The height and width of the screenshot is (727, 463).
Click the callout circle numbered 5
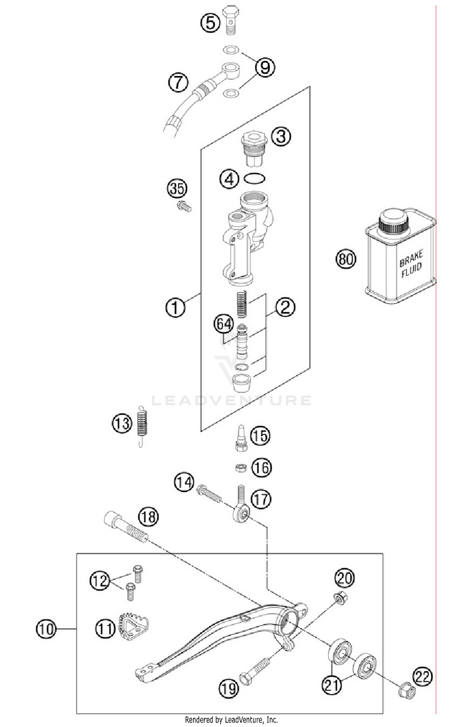[210, 23]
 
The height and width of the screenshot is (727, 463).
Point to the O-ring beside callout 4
[254, 179]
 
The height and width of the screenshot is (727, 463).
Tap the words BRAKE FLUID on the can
[411, 264]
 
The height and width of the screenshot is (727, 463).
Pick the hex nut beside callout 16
[241, 468]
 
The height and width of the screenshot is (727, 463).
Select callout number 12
[99, 581]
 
